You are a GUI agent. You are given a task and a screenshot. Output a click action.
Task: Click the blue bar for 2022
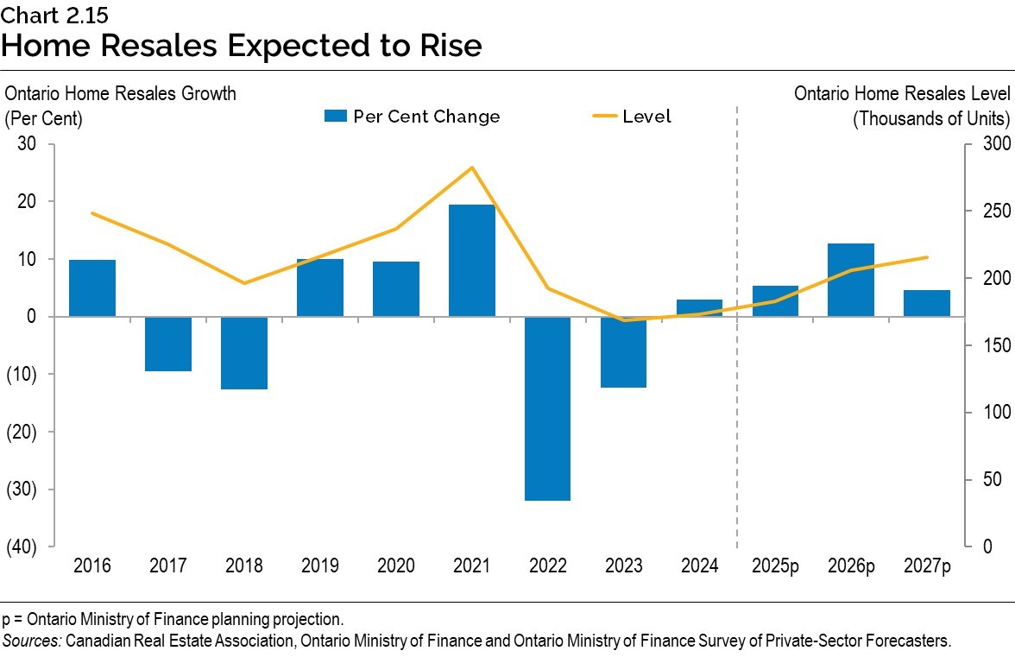point(547,407)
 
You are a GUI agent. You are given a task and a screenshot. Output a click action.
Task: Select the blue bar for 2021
point(472,261)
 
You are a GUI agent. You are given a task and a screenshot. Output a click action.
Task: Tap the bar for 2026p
point(851,280)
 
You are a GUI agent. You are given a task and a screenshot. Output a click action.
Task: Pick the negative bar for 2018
point(244,352)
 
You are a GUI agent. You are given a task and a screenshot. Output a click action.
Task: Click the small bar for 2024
point(699,308)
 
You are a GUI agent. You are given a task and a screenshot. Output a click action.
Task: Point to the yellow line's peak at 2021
point(472,167)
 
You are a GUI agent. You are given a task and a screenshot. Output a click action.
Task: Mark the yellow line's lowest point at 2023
point(623,320)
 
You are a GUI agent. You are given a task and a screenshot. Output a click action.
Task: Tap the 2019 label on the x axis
point(320,566)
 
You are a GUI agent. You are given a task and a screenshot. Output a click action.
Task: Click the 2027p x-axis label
point(927,566)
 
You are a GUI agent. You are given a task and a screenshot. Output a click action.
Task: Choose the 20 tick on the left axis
point(26,201)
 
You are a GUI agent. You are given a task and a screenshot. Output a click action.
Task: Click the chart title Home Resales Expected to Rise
point(241,44)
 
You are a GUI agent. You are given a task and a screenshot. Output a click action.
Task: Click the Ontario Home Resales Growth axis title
point(120,93)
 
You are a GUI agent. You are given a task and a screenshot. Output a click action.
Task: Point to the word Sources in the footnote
point(31,641)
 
